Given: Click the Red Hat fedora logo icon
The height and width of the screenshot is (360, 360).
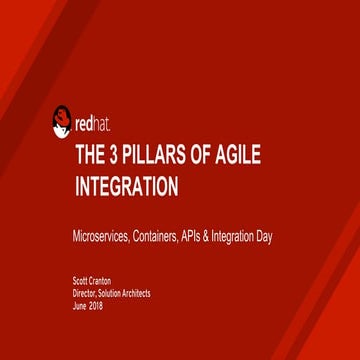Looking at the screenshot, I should tap(61, 122).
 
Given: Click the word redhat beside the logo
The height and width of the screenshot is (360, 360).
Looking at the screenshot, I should tap(95, 126).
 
